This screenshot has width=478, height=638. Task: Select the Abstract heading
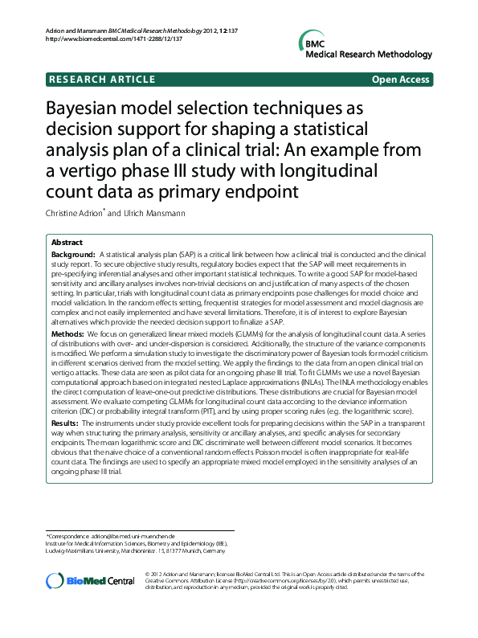click(67, 242)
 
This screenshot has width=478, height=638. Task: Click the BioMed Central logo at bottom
click(90, 580)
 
